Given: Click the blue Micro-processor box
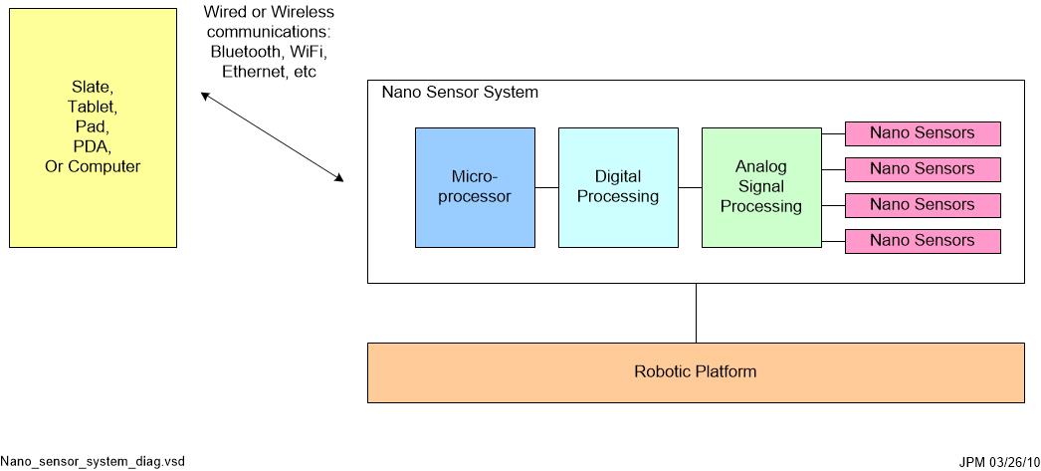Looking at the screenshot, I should (475, 187).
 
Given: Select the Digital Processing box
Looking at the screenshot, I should (618, 187).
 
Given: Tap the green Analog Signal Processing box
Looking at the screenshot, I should (761, 187).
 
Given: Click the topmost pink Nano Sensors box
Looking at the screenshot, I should (923, 133).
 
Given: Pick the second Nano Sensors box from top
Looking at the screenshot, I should (923, 169).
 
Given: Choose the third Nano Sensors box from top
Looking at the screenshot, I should (923, 205).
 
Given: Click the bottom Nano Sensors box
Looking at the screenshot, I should (923, 241).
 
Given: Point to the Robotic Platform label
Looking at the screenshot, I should (695, 372).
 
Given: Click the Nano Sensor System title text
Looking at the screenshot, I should (460, 93).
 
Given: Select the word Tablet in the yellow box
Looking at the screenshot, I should (93, 108).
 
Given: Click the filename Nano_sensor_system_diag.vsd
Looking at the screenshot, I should (93, 461).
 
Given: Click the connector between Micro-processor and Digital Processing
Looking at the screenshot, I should (546, 187).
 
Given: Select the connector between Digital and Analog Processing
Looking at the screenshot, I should (690, 187).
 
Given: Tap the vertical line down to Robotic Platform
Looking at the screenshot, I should (696, 313).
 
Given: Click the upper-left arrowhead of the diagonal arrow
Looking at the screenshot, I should (204, 96).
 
